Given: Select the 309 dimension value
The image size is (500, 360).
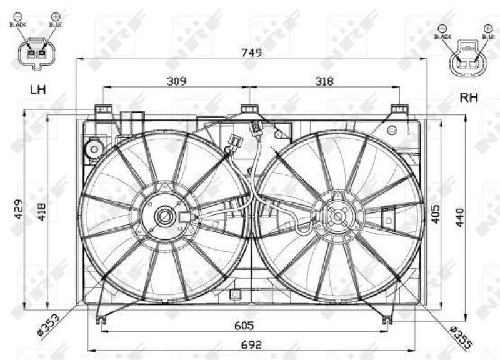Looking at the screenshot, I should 177,81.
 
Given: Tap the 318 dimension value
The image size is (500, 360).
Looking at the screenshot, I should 324,81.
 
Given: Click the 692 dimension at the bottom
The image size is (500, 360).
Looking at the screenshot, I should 251,344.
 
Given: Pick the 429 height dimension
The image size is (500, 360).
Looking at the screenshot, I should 19,211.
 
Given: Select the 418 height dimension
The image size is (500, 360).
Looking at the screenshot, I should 42,211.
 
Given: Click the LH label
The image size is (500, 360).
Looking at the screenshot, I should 37,90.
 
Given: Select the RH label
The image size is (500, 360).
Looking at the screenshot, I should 469,97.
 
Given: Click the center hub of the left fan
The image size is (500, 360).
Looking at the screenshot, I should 165,217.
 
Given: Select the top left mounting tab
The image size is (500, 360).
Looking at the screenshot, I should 104,111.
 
